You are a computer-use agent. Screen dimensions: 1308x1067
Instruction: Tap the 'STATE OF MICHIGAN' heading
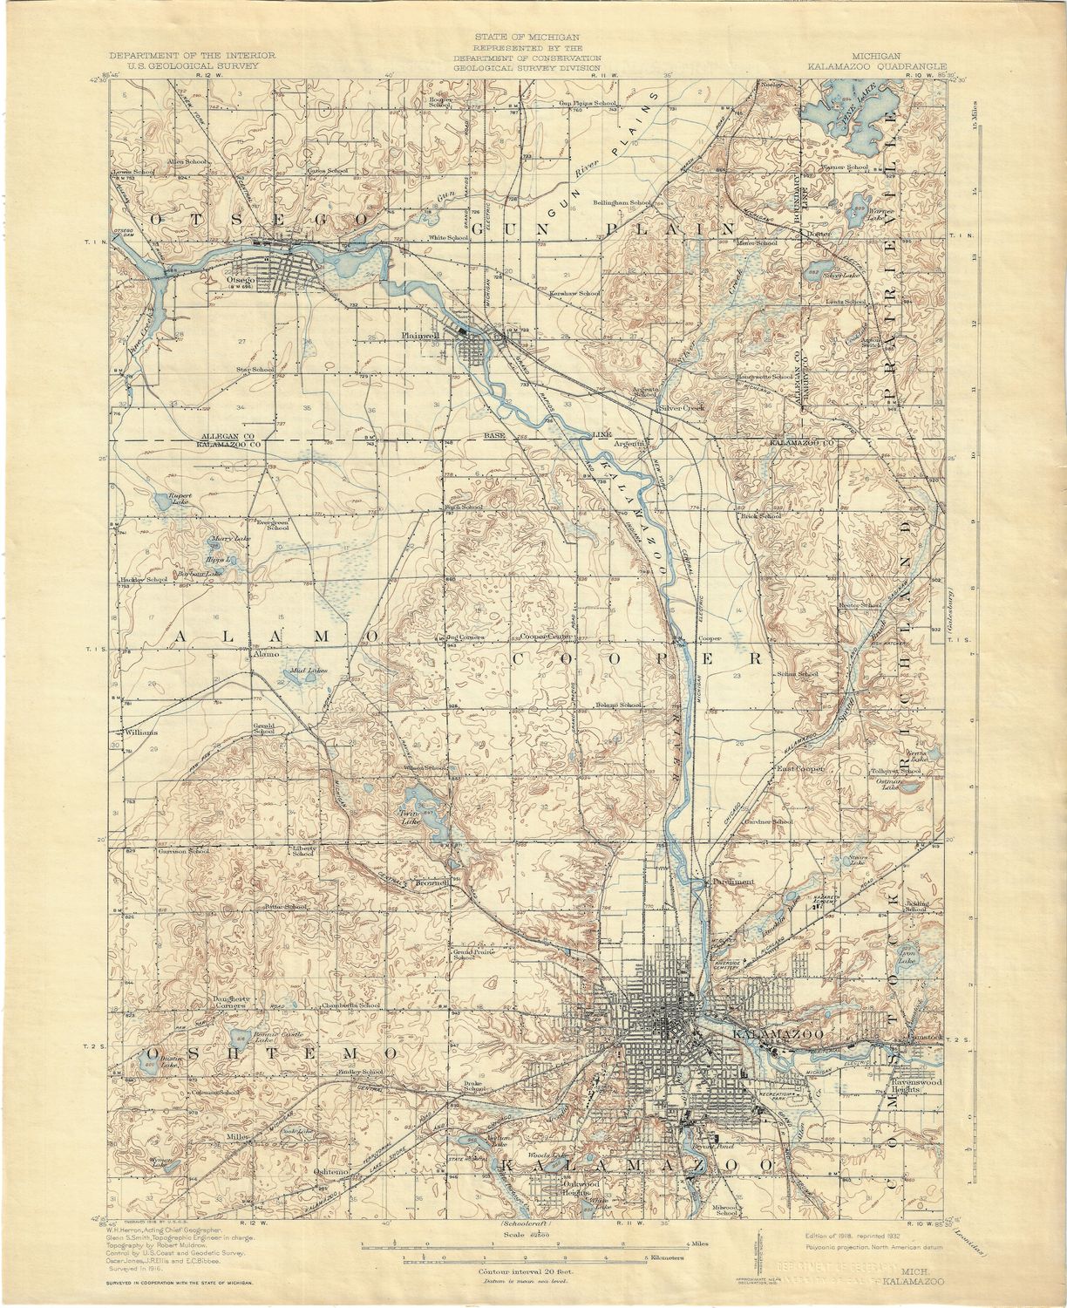(x=527, y=37)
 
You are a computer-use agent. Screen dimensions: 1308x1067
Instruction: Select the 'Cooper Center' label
(x=547, y=637)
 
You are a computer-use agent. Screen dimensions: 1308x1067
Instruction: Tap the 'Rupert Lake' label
(x=179, y=499)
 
